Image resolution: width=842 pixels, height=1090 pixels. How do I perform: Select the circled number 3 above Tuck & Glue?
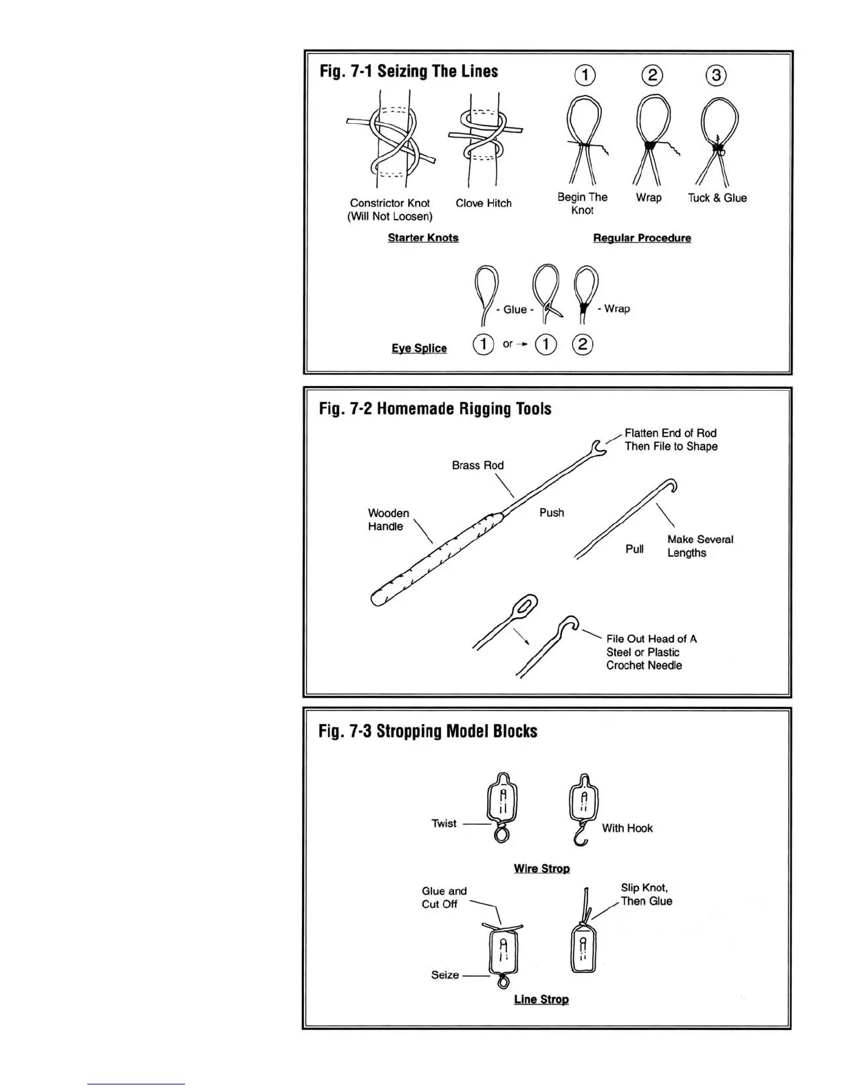[x=716, y=75]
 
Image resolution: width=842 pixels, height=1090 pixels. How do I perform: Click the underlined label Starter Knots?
[x=423, y=238]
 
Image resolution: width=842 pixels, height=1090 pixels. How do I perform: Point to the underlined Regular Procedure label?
[x=642, y=238]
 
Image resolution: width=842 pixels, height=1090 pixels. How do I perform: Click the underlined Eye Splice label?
[x=419, y=348]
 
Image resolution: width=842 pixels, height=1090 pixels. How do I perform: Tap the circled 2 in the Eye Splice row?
[x=583, y=344]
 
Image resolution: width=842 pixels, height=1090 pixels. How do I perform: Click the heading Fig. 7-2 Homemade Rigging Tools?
[x=435, y=409]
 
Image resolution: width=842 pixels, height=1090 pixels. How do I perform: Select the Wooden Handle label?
[x=388, y=520]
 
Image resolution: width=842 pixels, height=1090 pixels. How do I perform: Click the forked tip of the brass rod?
[x=598, y=447]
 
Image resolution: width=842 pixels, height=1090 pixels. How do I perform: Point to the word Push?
[x=552, y=513]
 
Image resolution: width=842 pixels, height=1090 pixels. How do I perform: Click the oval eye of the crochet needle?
[x=526, y=606]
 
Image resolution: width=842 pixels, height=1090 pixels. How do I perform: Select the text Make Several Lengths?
[x=700, y=546]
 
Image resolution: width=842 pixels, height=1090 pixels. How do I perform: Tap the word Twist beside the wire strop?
[x=444, y=824]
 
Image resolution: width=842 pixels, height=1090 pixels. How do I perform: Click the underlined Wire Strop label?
[x=541, y=868]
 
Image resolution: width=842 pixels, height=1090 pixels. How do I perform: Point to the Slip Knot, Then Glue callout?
[x=646, y=895]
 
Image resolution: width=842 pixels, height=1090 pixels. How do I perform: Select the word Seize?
[x=444, y=975]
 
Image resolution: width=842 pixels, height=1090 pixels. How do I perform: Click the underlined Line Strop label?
[x=541, y=999]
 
